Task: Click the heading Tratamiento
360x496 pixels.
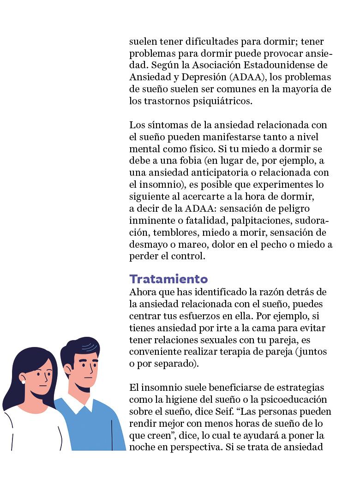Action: coord(168,279)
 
